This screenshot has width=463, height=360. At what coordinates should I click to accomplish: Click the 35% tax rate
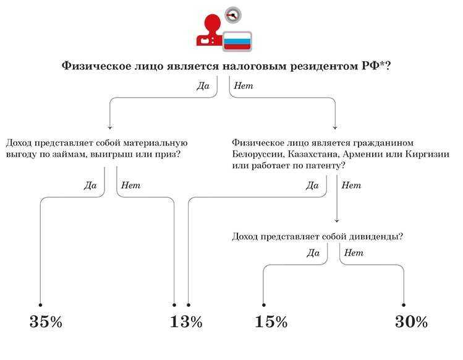pyautogui.click(x=46, y=322)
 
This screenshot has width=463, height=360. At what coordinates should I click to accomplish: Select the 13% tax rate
pyautogui.click(x=186, y=322)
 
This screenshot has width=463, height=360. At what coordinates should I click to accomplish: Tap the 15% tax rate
pyautogui.click(x=271, y=322)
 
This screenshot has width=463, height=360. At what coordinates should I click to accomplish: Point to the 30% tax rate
pyautogui.click(x=411, y=322)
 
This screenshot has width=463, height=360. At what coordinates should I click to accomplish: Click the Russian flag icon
pyautogui.click(x=237, y=41)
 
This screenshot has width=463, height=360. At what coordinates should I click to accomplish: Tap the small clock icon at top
pyautogui.click(x=233, y=15)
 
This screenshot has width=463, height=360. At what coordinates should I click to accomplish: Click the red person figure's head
pyautogui.click(x=213, y=22)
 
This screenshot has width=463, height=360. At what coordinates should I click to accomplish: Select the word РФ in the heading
pyautogui.click(x=371, y=66)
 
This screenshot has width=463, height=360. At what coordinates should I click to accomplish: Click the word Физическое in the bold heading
pyautogui.click(x=96, y=66)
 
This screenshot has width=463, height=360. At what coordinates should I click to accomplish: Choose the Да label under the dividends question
pyautogui.click(x=313, y=253)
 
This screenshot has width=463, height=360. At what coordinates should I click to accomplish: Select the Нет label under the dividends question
pyautogui.click(x=354, y=253)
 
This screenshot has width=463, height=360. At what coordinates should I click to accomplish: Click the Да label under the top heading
pyautogui.click(x=203, y=86)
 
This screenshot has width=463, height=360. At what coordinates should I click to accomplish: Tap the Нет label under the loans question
pyautogui.click(x=131, y=186)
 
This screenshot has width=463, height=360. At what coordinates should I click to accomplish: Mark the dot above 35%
pyautogui.click(x=40, y=305)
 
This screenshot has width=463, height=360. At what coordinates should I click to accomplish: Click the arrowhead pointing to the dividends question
pyautogui.click(x=337, y=220)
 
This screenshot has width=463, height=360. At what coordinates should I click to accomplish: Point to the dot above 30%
pyautogui.click(x=404, y=305)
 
